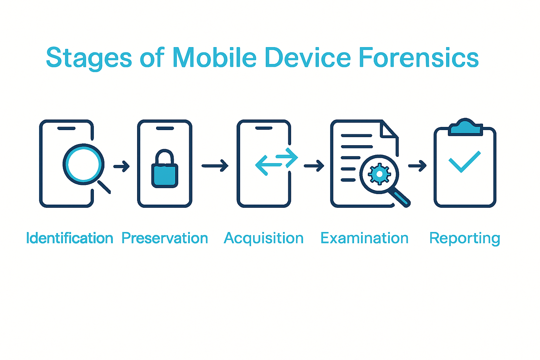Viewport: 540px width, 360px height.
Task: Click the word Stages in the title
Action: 89,58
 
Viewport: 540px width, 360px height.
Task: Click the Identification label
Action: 70,238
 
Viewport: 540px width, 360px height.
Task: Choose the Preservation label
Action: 165,238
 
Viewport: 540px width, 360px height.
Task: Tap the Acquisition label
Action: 264,238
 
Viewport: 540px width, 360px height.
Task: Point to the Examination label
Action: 364,238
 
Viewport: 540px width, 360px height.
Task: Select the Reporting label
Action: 464,238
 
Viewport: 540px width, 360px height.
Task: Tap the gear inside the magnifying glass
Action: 379,174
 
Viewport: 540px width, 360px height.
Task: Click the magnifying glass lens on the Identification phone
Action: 83,164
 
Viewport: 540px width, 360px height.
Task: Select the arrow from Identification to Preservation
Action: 122,166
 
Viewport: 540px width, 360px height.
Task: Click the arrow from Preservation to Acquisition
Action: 215,166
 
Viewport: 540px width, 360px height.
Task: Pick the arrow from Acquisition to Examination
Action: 314,166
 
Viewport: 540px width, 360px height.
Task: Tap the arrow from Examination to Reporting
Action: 417,165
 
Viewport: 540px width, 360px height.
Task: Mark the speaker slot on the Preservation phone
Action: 165,128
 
